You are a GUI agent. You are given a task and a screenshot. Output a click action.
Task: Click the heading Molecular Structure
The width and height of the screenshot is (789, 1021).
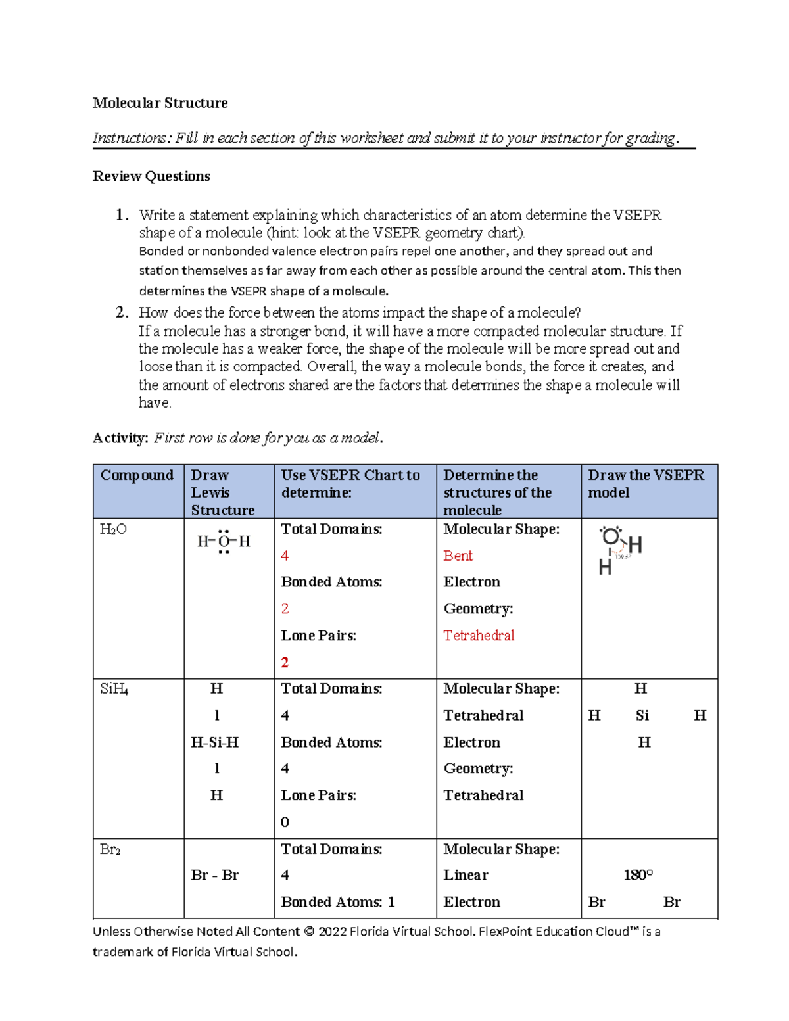pos(160,103)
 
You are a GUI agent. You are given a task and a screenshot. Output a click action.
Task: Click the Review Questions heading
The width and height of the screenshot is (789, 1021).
pos(151,176)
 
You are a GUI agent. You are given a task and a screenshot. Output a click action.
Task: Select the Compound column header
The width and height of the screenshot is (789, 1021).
pos(137,475)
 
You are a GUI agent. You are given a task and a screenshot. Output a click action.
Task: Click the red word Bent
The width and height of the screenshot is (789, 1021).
pos(458,556)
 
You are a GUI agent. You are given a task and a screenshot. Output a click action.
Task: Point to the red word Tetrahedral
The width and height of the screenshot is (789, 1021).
pos(479,636)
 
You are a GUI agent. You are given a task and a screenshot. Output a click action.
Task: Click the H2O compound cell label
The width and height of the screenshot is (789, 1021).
pos(113,529)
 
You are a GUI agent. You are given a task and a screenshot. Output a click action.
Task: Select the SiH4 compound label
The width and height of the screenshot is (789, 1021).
pos(114,689)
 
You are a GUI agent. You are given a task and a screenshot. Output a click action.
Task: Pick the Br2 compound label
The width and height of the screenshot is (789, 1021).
pos(110,849)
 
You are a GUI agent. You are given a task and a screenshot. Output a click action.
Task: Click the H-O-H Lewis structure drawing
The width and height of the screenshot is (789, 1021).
pos(224,542)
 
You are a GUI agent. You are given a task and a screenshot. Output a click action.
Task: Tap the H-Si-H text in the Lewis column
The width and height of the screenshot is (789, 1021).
pos(214,742)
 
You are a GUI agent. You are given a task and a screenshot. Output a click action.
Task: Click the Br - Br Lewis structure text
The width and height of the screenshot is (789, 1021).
pos(214,875)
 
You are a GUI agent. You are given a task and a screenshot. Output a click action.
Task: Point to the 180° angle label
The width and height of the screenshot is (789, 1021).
pos(638,875)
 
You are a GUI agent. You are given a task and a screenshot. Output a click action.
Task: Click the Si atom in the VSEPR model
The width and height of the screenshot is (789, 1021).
pos(642,715)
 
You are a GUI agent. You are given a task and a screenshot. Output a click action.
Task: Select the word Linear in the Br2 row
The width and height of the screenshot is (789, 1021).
pos(466,875)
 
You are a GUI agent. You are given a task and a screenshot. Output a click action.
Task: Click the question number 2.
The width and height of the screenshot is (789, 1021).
pos(121,312)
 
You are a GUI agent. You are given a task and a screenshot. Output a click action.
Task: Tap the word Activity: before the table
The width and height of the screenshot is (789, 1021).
pos(120,438)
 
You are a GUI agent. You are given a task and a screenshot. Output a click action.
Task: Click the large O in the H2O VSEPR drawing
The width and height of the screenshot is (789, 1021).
pos(611,536)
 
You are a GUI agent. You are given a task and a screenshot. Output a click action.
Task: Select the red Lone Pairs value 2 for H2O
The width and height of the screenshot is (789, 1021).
pos(285,663)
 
